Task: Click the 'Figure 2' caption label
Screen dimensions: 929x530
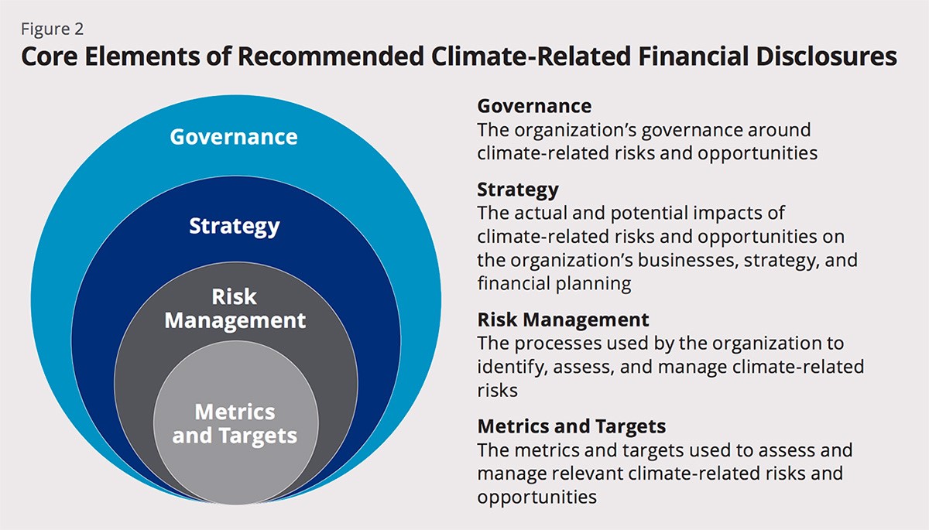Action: [x=53, y=29]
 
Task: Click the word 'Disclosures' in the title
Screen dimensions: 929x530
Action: [x=827, y=56]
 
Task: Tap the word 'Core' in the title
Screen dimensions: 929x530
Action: [x=49, y=56]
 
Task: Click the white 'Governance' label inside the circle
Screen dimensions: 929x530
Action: [x=234, y=137]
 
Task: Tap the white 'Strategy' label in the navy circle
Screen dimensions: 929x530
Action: [x=235, y=226]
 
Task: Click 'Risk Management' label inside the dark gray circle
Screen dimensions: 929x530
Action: [x=235, y=308]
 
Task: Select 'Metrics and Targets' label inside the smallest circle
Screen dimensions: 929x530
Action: [x=235, y=424]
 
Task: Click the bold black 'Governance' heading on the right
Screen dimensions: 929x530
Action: [x=534, y=106]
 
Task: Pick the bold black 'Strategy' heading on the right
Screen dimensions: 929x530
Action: [x=518, y=190]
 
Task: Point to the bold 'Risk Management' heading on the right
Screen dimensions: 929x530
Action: [x=564, y=320]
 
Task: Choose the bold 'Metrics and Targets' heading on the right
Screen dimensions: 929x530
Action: [x=571, y=426]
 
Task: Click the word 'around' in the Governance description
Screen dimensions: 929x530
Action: [x=779, y=130]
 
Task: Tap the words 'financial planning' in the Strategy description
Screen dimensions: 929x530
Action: [x=554, y=284]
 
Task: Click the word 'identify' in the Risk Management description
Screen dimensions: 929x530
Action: [x=512, y=368]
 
